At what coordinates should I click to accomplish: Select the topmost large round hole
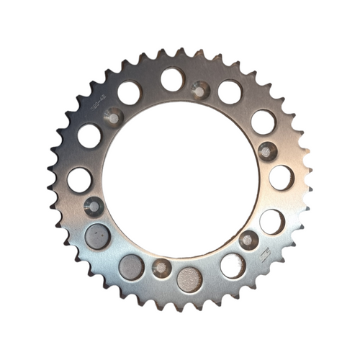172,79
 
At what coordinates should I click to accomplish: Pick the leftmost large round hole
80,179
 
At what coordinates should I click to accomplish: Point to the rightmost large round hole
281,178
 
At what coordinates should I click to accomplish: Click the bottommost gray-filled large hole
190,279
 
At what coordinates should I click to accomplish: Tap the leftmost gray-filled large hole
97,236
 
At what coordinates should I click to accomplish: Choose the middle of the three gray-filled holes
131,267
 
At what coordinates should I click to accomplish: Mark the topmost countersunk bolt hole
201,91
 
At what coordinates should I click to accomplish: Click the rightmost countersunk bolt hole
267,151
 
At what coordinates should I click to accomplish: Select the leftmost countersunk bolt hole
94,206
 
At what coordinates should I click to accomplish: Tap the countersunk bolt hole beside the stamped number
114,115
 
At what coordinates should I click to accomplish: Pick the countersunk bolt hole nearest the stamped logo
248,240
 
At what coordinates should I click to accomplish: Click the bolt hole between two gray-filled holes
162,268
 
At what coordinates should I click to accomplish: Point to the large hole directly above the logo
271,222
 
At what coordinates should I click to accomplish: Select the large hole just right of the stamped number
129,92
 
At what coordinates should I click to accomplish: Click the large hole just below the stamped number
89,135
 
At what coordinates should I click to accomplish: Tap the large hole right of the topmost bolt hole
230,91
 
